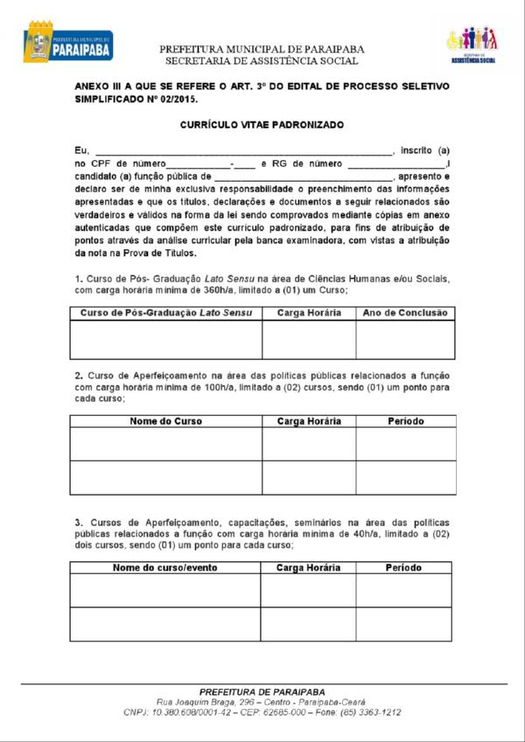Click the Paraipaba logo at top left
tap(67, 42)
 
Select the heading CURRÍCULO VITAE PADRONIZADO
tap(262, 125)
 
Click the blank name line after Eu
tap(244, 150)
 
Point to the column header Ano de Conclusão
tap(404, 313)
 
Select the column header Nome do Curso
tap(166, 421)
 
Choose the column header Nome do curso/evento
tap(165, 568)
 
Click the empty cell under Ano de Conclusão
tap(404, 340)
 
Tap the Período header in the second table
tap(405, 421)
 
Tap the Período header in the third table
tap(403, 568)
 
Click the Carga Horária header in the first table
tap(309, 313)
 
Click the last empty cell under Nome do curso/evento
tap(165, 624)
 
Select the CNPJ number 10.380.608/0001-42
tap(192, 713)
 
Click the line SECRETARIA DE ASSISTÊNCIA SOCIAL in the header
tap(262, 61)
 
